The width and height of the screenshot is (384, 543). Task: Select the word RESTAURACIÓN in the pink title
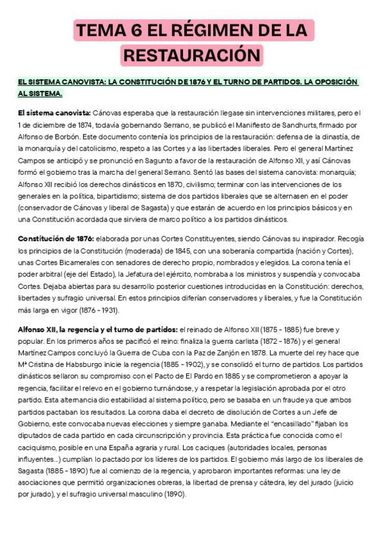[192, 55]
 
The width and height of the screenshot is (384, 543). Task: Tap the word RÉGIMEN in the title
[217, 30]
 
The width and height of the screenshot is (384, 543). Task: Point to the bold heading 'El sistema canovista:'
[54, 113]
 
